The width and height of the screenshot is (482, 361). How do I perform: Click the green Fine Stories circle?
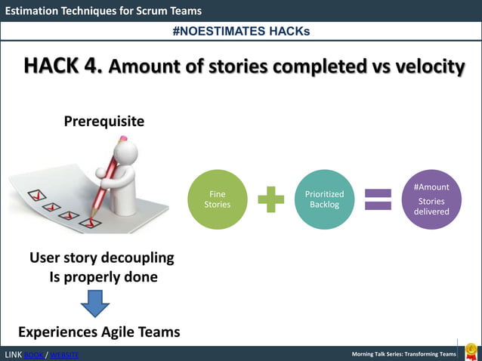(x=217, y=199)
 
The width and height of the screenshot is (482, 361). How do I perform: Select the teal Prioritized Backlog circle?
(x=324, y=199)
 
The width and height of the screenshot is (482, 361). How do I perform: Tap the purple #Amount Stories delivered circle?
(x=431, y=199)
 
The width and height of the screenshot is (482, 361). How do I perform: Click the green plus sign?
(x=270, y=200)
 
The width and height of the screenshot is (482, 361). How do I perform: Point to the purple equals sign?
(x=378, y=200)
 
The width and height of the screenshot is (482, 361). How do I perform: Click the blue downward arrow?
(x=95, y=304)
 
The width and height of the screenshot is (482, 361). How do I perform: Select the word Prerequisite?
(x=104, y=122)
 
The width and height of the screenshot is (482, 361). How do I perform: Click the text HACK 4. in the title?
(x=63, y=66)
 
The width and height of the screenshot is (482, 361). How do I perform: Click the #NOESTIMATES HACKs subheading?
(x=240, y=31)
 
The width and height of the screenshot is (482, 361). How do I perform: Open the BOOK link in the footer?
(x=34, y=355)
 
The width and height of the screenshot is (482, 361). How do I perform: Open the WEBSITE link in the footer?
(x=63, y=355)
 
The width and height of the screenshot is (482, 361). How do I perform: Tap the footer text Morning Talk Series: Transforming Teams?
(x=404, y=354)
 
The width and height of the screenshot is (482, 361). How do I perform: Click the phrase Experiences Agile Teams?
(x=99, y=332)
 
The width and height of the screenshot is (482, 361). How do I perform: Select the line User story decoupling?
(x=101, y=258)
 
